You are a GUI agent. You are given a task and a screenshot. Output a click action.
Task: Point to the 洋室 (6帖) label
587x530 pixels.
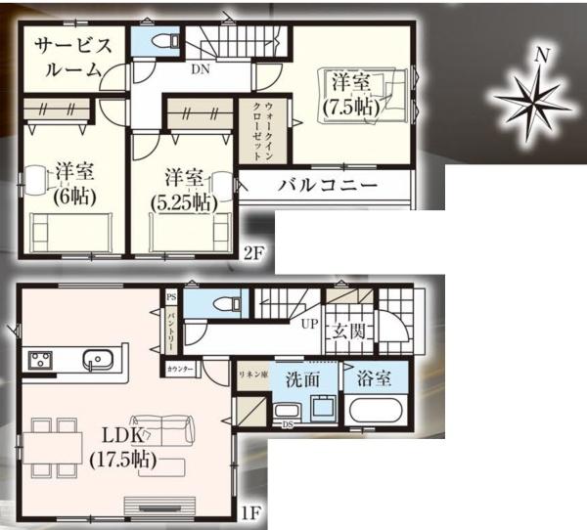[x=72, y=183]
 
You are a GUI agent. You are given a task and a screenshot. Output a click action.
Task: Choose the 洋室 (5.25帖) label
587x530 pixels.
[x=185, y=189]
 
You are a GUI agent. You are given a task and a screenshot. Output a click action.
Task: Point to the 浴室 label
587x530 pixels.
[x=376, y=375]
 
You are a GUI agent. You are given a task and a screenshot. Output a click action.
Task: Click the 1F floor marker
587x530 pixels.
[x=253, y=510]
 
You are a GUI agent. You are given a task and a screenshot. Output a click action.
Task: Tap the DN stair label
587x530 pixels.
[x=200, y=69]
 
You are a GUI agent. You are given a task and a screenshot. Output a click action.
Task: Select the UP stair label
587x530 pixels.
[x=309, y=324]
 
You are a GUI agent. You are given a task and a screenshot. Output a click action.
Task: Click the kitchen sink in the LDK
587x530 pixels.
[x=99, y=360]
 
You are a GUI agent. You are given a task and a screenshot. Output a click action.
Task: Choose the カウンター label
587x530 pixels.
[x=180, y=369]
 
